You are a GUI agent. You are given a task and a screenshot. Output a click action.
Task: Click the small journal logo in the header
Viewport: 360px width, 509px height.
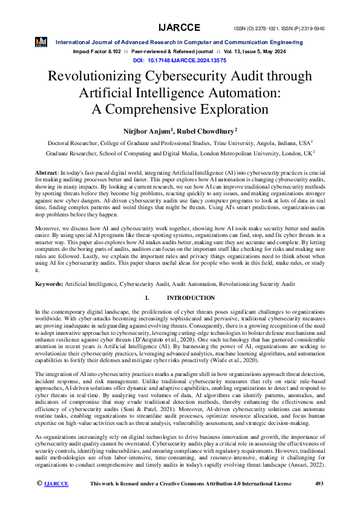pos(41,42)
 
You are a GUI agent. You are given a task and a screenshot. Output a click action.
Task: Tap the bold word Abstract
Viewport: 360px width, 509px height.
pos(45,173)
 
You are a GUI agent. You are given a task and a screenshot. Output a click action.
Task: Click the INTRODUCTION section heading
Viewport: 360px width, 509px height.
pos(191,298)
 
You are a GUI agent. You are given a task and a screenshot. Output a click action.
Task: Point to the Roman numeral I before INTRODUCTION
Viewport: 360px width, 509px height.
pos(147,298)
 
